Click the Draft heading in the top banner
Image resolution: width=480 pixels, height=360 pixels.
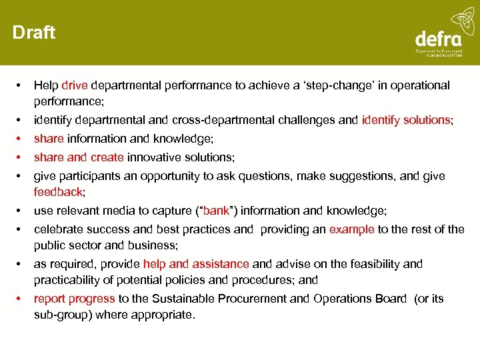click(x=34, y=33)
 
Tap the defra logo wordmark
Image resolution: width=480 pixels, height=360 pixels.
click(x=437, y=38)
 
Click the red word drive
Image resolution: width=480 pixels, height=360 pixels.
click(x=75, y=85)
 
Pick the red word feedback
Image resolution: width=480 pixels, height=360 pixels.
click(x=58, y=192)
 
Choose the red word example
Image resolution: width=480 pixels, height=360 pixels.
click(x=352, y=229)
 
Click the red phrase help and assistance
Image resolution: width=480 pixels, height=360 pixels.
click(x=195, y=264)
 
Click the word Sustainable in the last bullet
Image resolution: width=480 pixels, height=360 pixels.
click(x=180, y=299)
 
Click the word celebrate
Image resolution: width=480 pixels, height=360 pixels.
click(x=58, y=229)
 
